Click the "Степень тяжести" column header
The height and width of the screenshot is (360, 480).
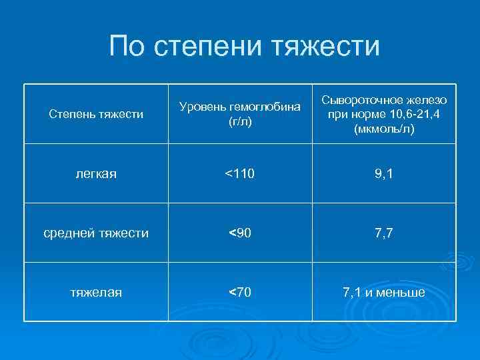(x=97, y=114)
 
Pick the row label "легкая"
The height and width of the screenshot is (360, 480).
(x=97, y=174)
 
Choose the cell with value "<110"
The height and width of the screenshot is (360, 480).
(x=239, y=174)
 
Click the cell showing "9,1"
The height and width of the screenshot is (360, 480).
(x=383, y=174)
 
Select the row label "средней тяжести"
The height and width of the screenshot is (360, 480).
(x=97, y=233)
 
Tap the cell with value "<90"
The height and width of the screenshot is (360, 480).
(x=239, y=233)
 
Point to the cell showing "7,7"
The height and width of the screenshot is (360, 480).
(x=383, y=233)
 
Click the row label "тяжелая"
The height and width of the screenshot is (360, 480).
(x=97, y=293)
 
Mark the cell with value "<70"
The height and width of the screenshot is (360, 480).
(x=239, y=293)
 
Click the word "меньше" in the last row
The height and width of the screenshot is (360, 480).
(x=401, y=293)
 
